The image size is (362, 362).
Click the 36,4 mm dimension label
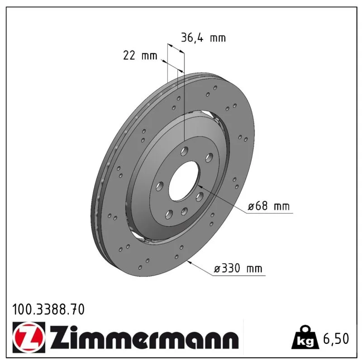(203, 38)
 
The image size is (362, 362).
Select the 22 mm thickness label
(140, 56)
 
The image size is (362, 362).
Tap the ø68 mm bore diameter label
(268, 206)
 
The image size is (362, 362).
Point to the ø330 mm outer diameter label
(238, 268)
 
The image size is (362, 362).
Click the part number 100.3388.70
(48, 310)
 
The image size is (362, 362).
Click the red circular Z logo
(29, 337)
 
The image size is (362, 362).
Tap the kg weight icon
(305, 337)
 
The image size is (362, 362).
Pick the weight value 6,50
(336, 338)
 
